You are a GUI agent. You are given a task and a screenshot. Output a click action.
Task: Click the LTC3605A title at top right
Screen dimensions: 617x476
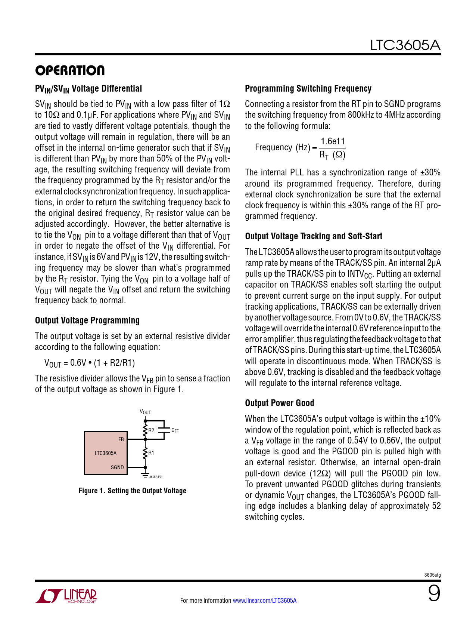click(405, 45)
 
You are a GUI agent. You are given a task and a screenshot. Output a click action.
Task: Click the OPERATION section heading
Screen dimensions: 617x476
click(70, 71)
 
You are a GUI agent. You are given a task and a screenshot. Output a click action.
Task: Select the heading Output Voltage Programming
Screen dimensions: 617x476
click(87, 320)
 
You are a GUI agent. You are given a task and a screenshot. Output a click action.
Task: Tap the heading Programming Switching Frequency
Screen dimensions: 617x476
click(308, 89)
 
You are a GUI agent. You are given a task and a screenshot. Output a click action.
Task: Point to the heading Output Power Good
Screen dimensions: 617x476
click(279, 403)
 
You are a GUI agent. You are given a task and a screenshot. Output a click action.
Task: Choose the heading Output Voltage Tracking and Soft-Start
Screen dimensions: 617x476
click(314, 236)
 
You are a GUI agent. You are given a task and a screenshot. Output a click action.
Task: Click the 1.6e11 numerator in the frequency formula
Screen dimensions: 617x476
click(333, 141)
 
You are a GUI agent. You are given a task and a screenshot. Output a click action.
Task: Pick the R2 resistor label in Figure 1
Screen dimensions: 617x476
click(151, 430)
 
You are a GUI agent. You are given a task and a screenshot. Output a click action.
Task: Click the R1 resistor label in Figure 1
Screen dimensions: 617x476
click(151, 453)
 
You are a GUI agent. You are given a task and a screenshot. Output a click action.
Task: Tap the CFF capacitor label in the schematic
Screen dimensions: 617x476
click(175, 431)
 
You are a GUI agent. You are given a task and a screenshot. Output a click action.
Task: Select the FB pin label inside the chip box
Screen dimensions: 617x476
click(121, 439)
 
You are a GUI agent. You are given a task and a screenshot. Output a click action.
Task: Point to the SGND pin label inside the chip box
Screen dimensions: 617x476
click(117, 467)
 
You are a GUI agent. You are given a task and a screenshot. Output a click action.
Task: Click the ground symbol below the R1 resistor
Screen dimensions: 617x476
click(145, 476)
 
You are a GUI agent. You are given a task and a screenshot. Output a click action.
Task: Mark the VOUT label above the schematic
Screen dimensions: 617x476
click(145, 412)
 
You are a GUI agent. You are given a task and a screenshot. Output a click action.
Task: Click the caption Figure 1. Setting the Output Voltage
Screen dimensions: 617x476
click(132, 491)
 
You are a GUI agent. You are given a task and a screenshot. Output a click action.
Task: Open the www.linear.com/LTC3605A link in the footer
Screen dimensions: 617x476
click(264, 601)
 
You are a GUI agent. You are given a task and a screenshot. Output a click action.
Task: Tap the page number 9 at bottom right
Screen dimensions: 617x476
click(434, 593)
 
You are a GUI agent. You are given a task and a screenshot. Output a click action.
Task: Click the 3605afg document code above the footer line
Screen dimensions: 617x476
click(432, 575)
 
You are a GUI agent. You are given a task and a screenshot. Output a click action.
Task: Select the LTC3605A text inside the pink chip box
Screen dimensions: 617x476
click(105, 453)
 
